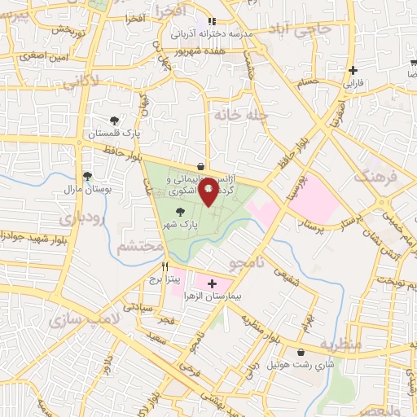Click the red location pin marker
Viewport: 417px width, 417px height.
pyautogui.click(x=208, y=190)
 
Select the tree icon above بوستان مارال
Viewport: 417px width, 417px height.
pyautogui.click(x=87, y=176)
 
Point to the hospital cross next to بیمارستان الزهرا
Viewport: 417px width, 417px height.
pyautogui.click(x=212, y=285)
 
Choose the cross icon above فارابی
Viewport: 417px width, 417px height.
pyautogui.click(x=352, y=71)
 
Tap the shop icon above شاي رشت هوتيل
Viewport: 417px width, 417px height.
pyautogui.click(x=302, y=353)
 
